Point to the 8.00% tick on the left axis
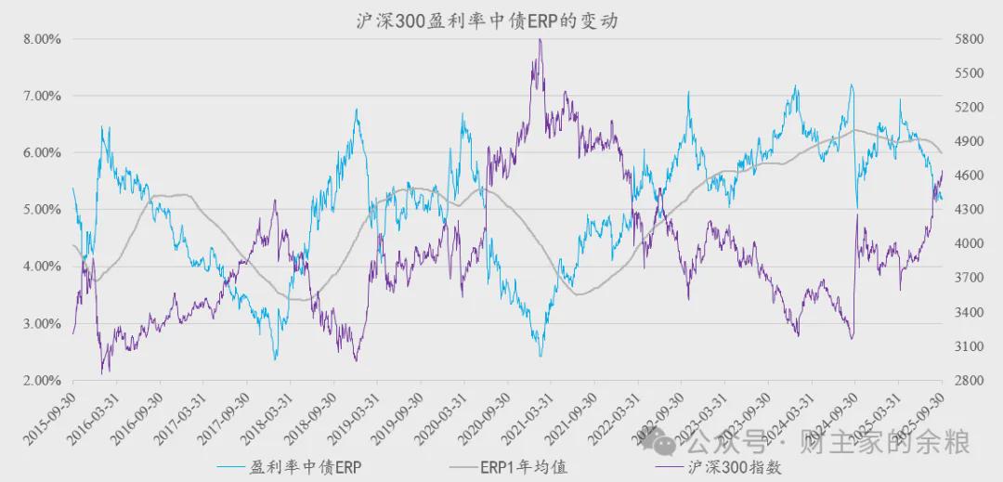coord(42,40)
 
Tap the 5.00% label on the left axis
coord(42,210)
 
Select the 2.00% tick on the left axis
coord(42,381)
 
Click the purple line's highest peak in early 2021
coord(540,40)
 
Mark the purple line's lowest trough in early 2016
coord(103,372)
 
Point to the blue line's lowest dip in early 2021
coord(540,356)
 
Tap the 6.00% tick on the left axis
coord(42,153)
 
